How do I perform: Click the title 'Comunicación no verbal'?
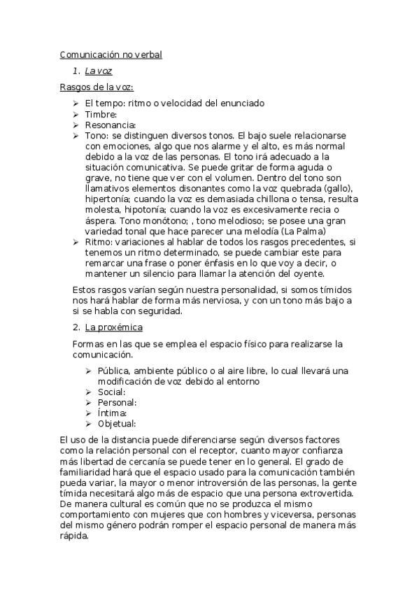(111, 54)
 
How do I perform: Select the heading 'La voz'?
(99, 71)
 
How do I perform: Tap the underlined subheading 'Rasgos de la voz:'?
(97, 87)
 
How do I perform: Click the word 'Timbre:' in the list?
(101, 114)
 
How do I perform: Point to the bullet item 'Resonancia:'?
(111, 124)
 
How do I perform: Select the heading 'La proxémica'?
(113, 327)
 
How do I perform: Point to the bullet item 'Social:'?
(111, 392)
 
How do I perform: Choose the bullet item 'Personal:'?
(117, 402)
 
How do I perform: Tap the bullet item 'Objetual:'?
(117, 423)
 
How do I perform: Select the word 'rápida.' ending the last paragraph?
(76, 536)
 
